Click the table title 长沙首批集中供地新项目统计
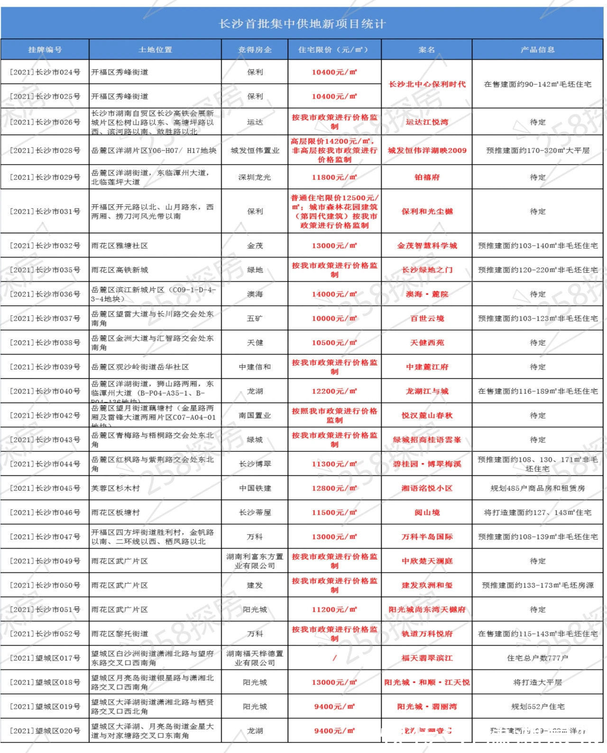click(x=302, y=24)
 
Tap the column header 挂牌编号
click(x=45, y=49)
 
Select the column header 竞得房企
click(x=255, y=49)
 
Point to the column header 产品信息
click(x=537, y=49)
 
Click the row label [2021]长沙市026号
click(x=45, y=122)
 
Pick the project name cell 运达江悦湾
click(x=427, y=122)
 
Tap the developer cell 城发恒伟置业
click(x=255, y=150)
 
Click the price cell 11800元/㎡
click(x=334, y=177)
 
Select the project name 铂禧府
click(x=427, y=177)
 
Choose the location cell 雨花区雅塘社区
click(x=120, y=246)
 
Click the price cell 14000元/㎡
click(x=334, y=294)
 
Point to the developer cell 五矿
click(x=255, y=318)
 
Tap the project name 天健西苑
click(x=427, y=342)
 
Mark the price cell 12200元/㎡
click(x=334, y=391)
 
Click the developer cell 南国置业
click(x=255, y=415)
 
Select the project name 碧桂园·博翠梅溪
click(x=427, y=464)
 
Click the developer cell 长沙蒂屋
click(x=255, y=513)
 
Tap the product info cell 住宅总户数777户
click(x=537, y=658)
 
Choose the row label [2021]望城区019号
click(x=45, y=707)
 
